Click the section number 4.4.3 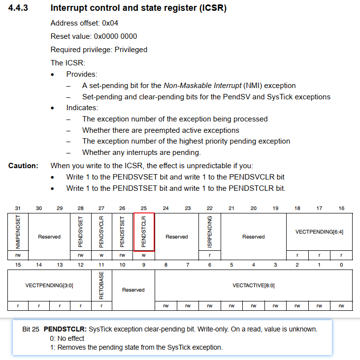coord(18,8)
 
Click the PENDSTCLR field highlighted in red coord(144,232)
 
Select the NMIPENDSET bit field coord(18,232)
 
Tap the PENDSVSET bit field coord(81,232)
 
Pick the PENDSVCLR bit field coord(101,232)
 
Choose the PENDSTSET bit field coord(123,232)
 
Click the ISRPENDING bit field coord(209,232)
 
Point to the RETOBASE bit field coord(101,285)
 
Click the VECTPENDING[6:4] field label coord(319,232)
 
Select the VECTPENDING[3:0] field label coord(49,285)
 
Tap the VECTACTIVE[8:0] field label coord(254,285)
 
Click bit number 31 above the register coord(18,209)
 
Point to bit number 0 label coord(341,265)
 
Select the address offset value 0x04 coord(110,23)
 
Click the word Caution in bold coord(23,166)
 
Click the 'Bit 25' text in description coord(31,329)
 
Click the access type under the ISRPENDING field coord(209,255)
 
